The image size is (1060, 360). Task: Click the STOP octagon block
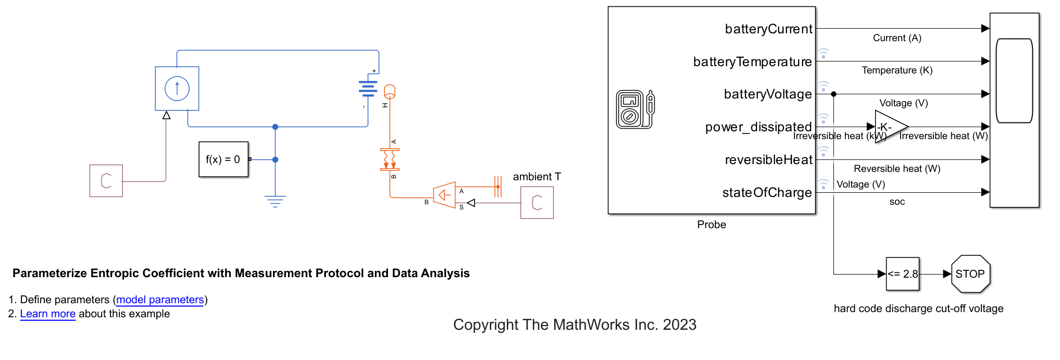pyautogui.click(x=970, y=274)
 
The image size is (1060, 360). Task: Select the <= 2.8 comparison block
pyautogui.click(x=903, y=274)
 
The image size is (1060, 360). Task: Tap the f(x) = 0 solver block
pyautogui.click(x=223, y=159)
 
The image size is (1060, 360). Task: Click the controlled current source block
pyautogui.click(x=177, y=89)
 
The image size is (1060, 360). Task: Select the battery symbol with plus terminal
pyautogui.click(x=368, y=89)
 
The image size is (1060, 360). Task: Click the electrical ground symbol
pyautogui.click(x=275, y=201)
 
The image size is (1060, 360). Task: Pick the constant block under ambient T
pyautogui.click(x=537, y=203)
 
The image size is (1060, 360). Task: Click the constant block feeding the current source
pyautogui.click(x=106, y=181)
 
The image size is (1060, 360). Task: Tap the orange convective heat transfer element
pyautogui.click(x=390, y=159)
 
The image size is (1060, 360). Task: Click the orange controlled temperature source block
pyautogui.click(x=444, y=195)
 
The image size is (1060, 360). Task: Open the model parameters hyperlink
pyautogui.click(x=160, y=300)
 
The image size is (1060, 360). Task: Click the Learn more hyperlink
pyautogui.click(x=48, y=314)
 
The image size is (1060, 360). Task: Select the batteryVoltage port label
pyautogui.click(x=768, y=94)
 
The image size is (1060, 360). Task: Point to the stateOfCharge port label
pyautogui.click(x=767, y=193)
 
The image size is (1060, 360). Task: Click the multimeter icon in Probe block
pyautogui.click(x=635, y=109)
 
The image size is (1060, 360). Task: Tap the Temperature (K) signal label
pyautogui.click(x=897, y=70)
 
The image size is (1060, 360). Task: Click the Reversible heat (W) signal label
pyautogui.click(x=897, y=169)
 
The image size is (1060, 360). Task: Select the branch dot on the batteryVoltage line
pyautogui.click(x=834, y=94)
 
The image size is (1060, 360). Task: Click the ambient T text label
pyautogui.click(x=537, y=177)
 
